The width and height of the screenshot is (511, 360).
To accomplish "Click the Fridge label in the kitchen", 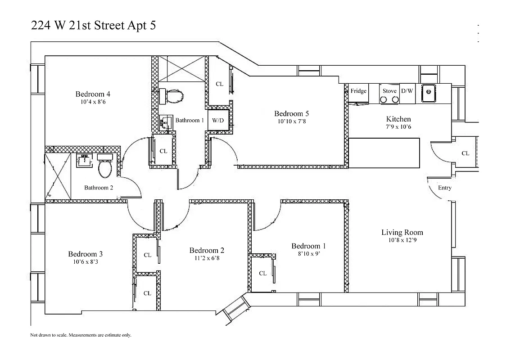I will click(358, 91).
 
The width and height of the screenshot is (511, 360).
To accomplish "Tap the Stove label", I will click(389, 91).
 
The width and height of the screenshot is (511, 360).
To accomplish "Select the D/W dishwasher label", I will click(407, 91).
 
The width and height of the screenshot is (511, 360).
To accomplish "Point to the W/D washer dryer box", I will click(218, 121).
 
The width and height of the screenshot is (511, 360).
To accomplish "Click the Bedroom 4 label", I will click(93, 94).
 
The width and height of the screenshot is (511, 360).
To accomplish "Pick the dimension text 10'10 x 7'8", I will click(291, 121).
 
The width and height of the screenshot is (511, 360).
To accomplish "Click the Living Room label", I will click(402, 232).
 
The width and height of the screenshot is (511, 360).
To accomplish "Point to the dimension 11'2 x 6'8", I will click(207, 258).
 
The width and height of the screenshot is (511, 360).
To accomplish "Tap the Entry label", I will click(444, 188).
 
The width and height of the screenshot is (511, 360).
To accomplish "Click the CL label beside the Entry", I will click(465, 153).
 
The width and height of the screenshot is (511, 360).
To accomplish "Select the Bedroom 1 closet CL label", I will click(262, 273).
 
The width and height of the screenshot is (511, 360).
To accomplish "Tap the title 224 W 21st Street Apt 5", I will click(94, 26).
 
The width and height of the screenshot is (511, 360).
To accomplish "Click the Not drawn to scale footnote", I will click(81, 335).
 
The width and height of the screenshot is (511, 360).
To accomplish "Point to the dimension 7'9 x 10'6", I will click(398, 127).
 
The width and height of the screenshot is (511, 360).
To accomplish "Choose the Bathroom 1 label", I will click(190, 121).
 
